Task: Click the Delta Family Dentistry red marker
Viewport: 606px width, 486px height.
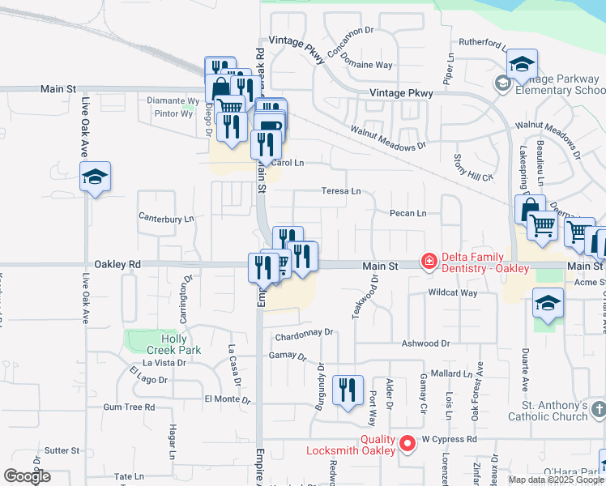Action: click(427, 261)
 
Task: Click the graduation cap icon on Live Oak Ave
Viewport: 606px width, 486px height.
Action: click(95, 177)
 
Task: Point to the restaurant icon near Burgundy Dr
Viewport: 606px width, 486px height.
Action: click(348, 391)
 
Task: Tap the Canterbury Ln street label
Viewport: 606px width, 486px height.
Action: click(167, 218)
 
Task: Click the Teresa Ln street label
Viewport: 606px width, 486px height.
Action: click(341, 191)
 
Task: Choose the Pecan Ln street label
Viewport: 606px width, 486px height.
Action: click(409, 214)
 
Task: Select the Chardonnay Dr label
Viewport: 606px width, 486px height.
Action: click(305, 332)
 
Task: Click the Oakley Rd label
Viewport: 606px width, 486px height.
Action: click(117, 264)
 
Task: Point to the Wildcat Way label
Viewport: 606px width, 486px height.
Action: click(453, 292)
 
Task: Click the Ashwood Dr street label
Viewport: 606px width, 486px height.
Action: click(425, 343)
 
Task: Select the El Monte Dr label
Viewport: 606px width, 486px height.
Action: click(228, 399)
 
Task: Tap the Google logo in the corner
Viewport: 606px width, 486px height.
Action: click(27, 476)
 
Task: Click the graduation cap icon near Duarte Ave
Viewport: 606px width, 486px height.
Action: click(548, 305)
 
